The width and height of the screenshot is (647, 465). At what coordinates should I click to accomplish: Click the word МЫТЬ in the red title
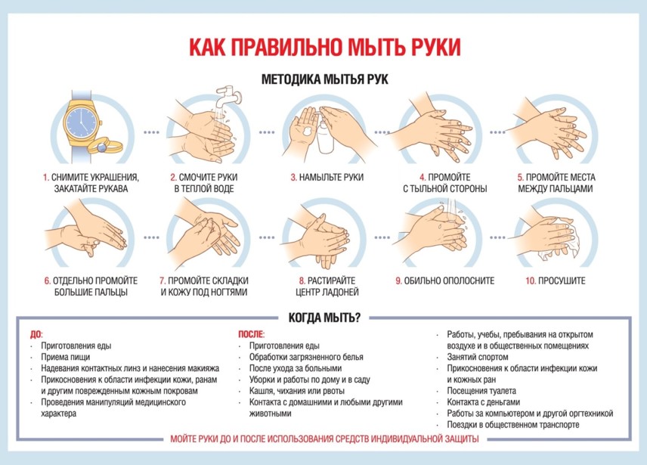[x=376, y=47]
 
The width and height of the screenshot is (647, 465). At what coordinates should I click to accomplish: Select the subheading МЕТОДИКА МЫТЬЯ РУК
[x=325, y=79]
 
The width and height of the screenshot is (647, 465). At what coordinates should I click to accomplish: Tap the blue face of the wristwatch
[x=83, y=122]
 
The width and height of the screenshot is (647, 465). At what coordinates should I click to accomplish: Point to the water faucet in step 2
[x=228, y=95]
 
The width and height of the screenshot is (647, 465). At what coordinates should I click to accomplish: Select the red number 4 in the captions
[x=423, y=178]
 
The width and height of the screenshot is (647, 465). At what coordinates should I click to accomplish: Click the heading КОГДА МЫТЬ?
[x=324, y=318]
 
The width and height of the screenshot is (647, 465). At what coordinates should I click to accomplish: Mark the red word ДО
[x=36, y=334]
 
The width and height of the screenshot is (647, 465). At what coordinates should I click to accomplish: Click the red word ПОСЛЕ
[x=251, y=334]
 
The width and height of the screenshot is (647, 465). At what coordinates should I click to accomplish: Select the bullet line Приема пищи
[x=65, y=357]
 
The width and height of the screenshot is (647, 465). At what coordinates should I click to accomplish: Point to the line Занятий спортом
[x=478, y=357]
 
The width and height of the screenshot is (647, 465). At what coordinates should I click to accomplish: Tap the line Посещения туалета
[x=481, y=391]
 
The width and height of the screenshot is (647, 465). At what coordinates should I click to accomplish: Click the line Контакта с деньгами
[x=484, y=402]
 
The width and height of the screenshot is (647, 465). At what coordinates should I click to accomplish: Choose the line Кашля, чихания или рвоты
[x=297, y=391]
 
